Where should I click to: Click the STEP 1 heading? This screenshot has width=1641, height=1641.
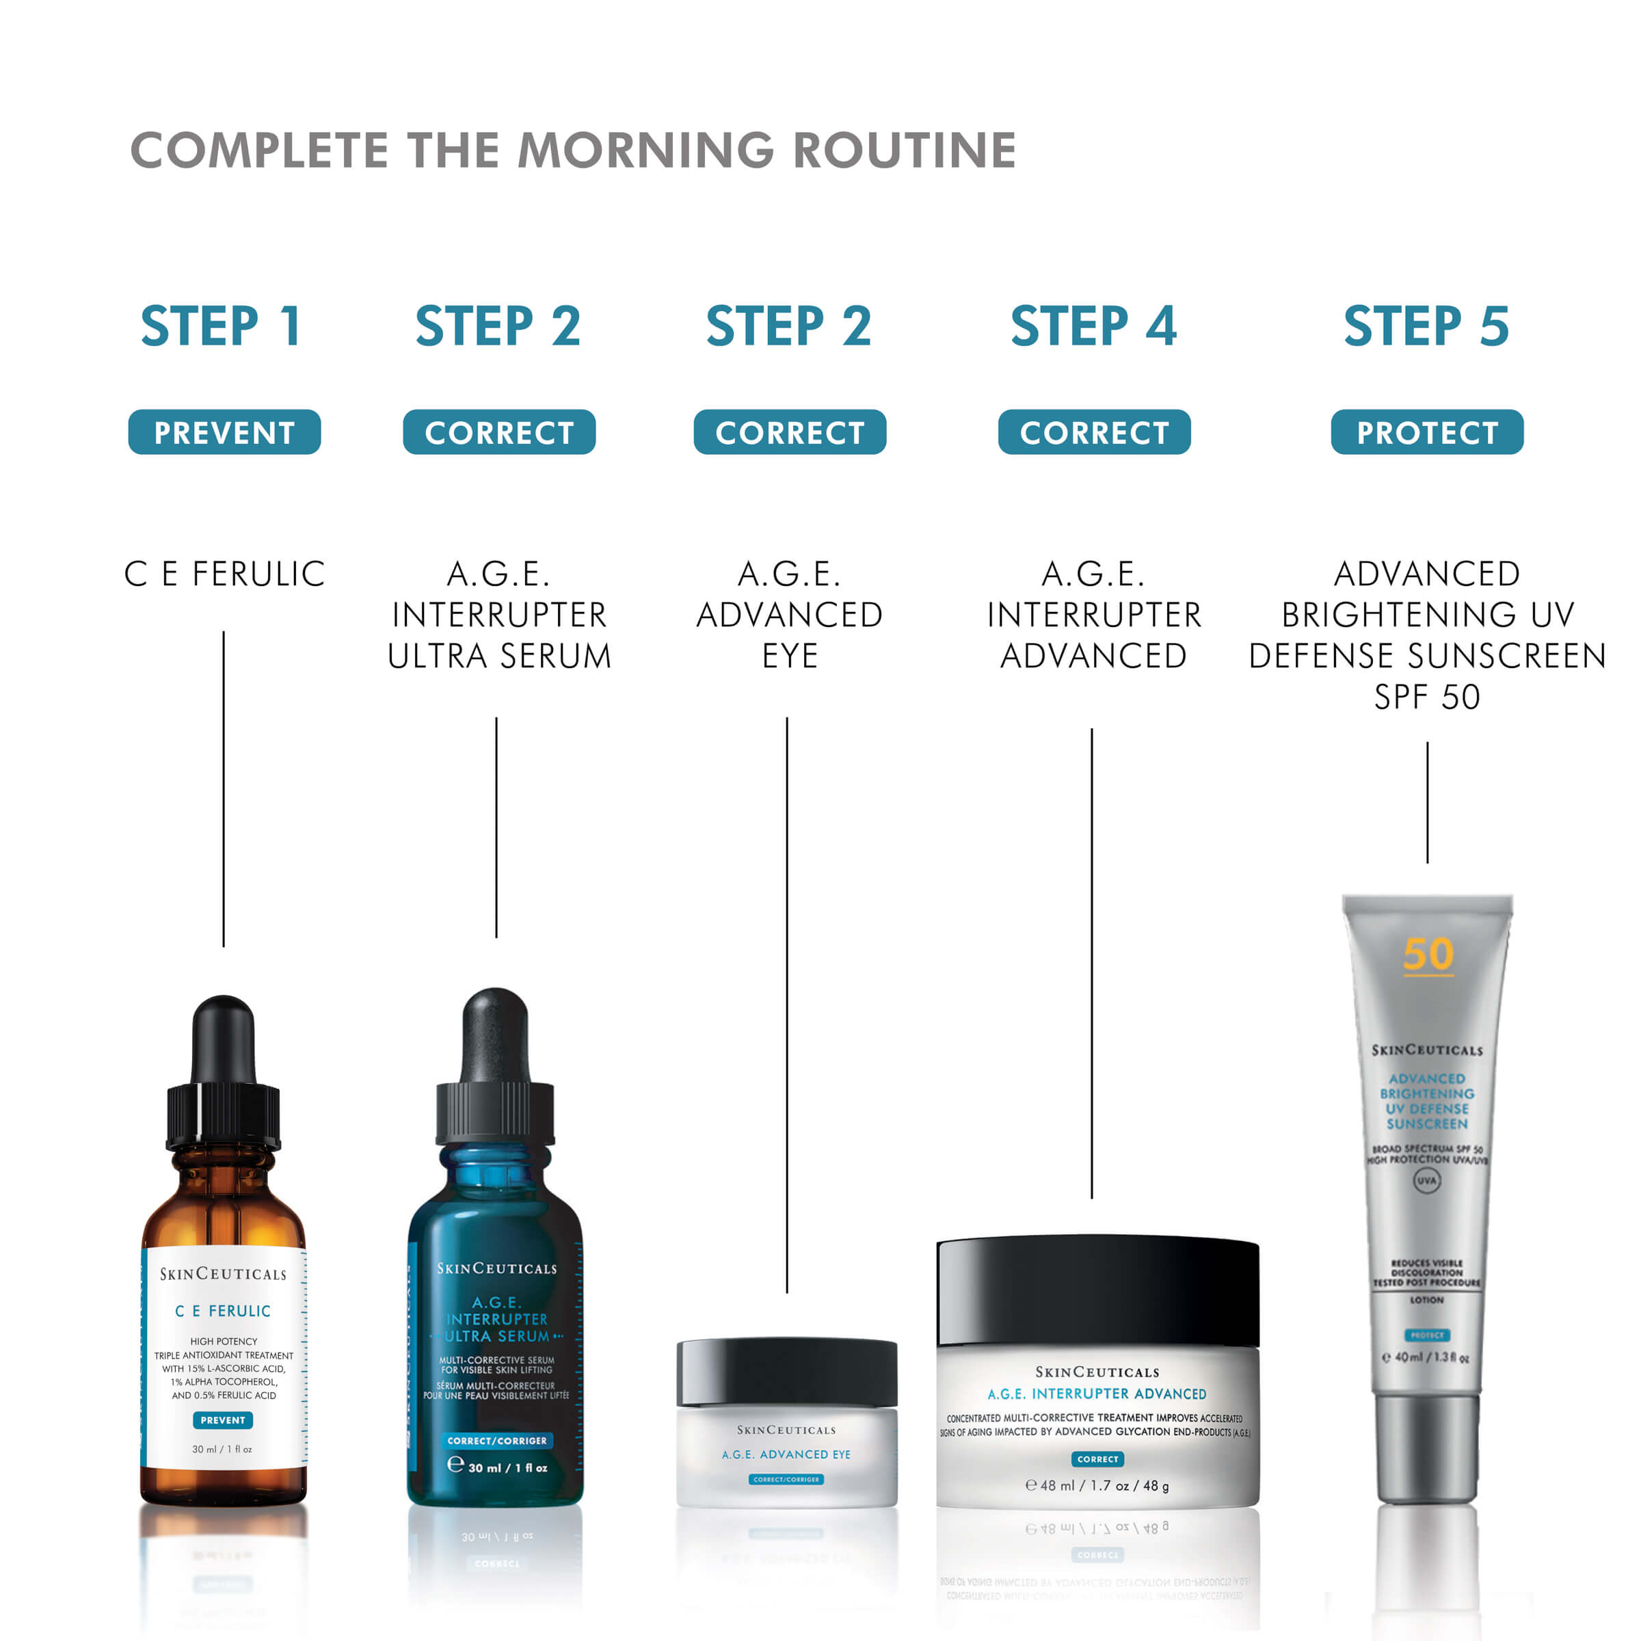pyautogui.click(x=221, y=326)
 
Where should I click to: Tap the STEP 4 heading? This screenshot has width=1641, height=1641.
pyautogui.click(x=1093, y=326)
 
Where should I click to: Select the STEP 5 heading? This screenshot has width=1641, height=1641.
pyautogui.click(x=1426, y=326)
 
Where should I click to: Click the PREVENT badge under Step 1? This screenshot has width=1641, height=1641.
pyautogui.click(x=224, y=432)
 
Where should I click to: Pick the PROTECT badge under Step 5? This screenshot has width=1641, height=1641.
pyautogui.click(x=1427, y=432)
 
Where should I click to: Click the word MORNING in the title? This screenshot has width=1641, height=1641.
pyautogui.click(x=645, y=150)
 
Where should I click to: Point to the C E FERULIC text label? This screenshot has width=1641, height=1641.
pyautogui.click(x=224, y=574)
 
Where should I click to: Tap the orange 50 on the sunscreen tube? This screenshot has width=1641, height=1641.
pyautogui.click(x=1428, y=954)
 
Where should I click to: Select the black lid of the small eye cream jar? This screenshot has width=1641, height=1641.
pyautogui.click(x=786, y=1370)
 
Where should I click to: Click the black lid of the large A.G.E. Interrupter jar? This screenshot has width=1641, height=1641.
pyautogui.click(x=1097, y=1291)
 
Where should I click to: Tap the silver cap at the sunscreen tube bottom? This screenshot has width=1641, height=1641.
pyautogui.click(x=1427, y=1449)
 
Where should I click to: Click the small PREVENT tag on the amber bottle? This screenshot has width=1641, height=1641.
pyautogui.click(x=222, y=1420)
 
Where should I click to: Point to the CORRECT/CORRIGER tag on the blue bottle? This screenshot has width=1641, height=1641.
pyautogui.click(x=497, y=1441)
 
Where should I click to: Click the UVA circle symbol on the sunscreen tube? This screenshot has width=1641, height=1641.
pyautogui.click(x=1427, y=1181)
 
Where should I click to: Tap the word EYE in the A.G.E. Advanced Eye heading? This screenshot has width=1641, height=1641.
pyautogui.click(x=789, y=656)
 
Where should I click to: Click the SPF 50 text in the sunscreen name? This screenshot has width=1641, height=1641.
pyautogui.click(x=1427, y=697)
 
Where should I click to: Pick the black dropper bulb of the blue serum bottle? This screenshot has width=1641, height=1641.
pyautogui.click(x=496, y=1032)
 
